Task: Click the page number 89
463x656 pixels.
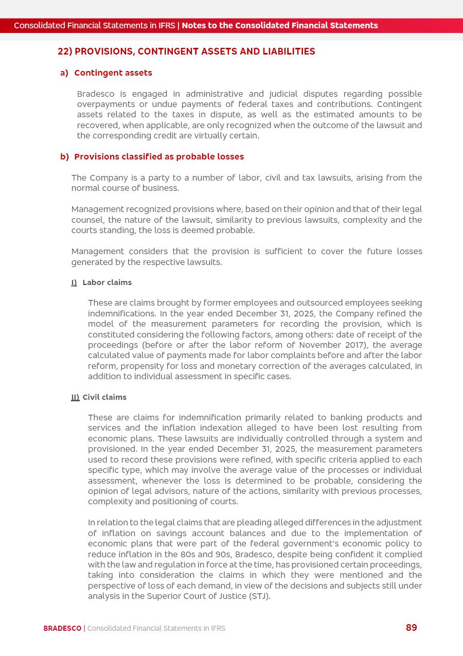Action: (x=411, y=628)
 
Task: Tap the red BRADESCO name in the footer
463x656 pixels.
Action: (x=62, y=628)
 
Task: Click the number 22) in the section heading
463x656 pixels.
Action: (x=65, y=51)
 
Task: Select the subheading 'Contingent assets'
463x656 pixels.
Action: (x=113, y=73)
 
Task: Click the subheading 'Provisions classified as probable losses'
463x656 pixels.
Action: (x=159, y=157)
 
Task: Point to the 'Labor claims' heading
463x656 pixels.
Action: (x=107, y=282)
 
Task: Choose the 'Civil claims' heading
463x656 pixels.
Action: (x=104, y=397)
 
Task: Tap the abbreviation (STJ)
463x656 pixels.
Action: (x=259, y=596)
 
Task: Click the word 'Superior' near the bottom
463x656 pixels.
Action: (x=164, y=596)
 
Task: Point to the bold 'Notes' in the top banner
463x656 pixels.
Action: (x=193, y=26)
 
